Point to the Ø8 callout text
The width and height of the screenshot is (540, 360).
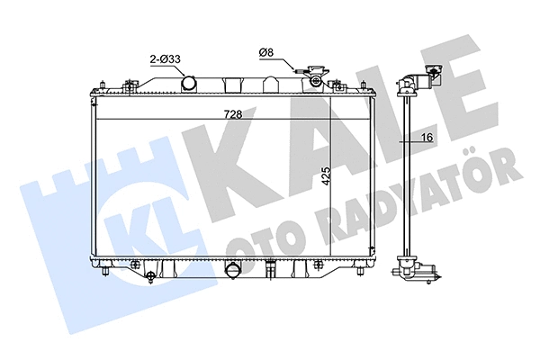(265, 53)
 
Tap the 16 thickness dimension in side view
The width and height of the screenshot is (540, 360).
(427, 136)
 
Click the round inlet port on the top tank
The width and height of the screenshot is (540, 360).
(190, 84)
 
